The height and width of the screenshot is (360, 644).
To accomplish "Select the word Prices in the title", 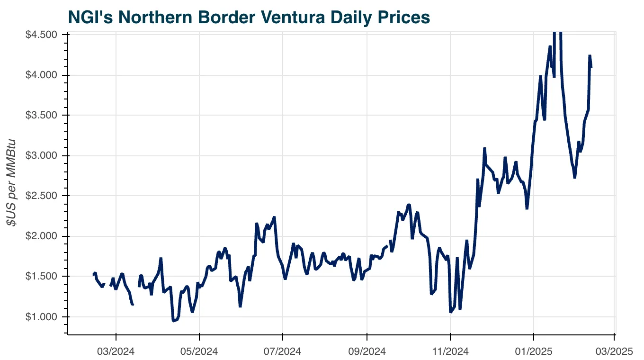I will (405, 17).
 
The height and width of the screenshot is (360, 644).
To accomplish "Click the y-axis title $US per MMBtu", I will (12, 182).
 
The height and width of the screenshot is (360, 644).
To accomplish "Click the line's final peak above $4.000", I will (590, 56).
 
